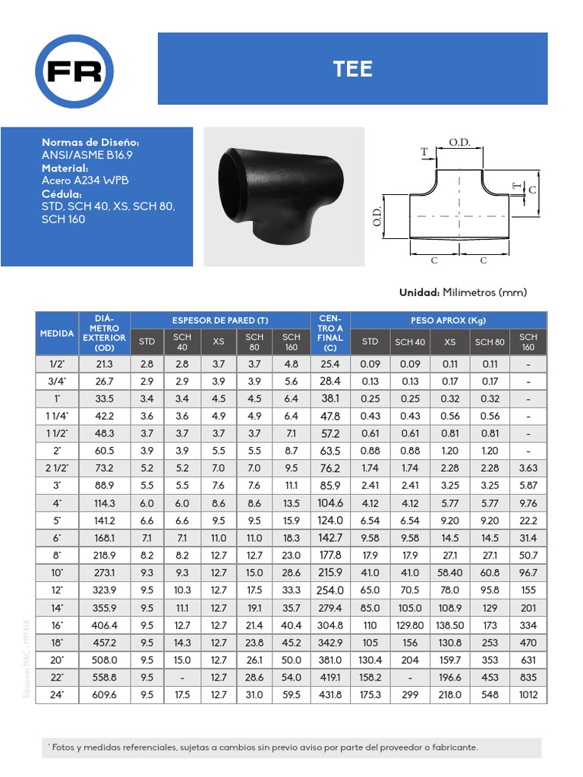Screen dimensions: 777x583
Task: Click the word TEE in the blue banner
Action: coord(353,69)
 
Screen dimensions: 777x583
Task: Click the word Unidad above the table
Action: coord(419,292)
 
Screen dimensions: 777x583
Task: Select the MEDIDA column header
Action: coord(57,333)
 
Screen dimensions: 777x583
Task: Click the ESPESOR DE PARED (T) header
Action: coord(220,320)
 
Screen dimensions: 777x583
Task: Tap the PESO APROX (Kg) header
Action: coord(448,320)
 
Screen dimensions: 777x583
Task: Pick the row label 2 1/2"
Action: coord(57,467)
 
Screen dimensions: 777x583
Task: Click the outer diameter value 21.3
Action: coord(104,364)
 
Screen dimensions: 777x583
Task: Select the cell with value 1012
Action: coord(528,694)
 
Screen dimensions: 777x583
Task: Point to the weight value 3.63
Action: coord(528,467)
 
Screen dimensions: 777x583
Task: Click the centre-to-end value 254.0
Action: coord(330,590)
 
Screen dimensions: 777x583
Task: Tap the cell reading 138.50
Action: coord(449,625)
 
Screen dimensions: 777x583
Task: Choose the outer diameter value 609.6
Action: coord(104,694)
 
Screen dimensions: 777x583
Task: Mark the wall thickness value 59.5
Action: coord(291,694)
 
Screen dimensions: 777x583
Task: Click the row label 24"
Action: coord(57,694)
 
